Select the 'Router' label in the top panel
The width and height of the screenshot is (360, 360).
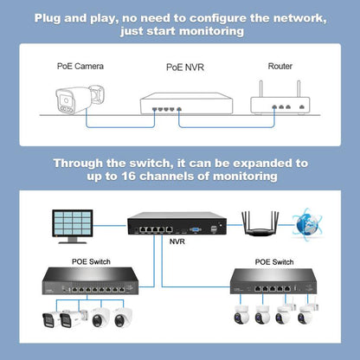coord(280,65)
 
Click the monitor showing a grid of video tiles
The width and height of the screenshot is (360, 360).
coord(75,222)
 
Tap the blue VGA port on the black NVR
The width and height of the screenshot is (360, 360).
coord(196,228)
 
